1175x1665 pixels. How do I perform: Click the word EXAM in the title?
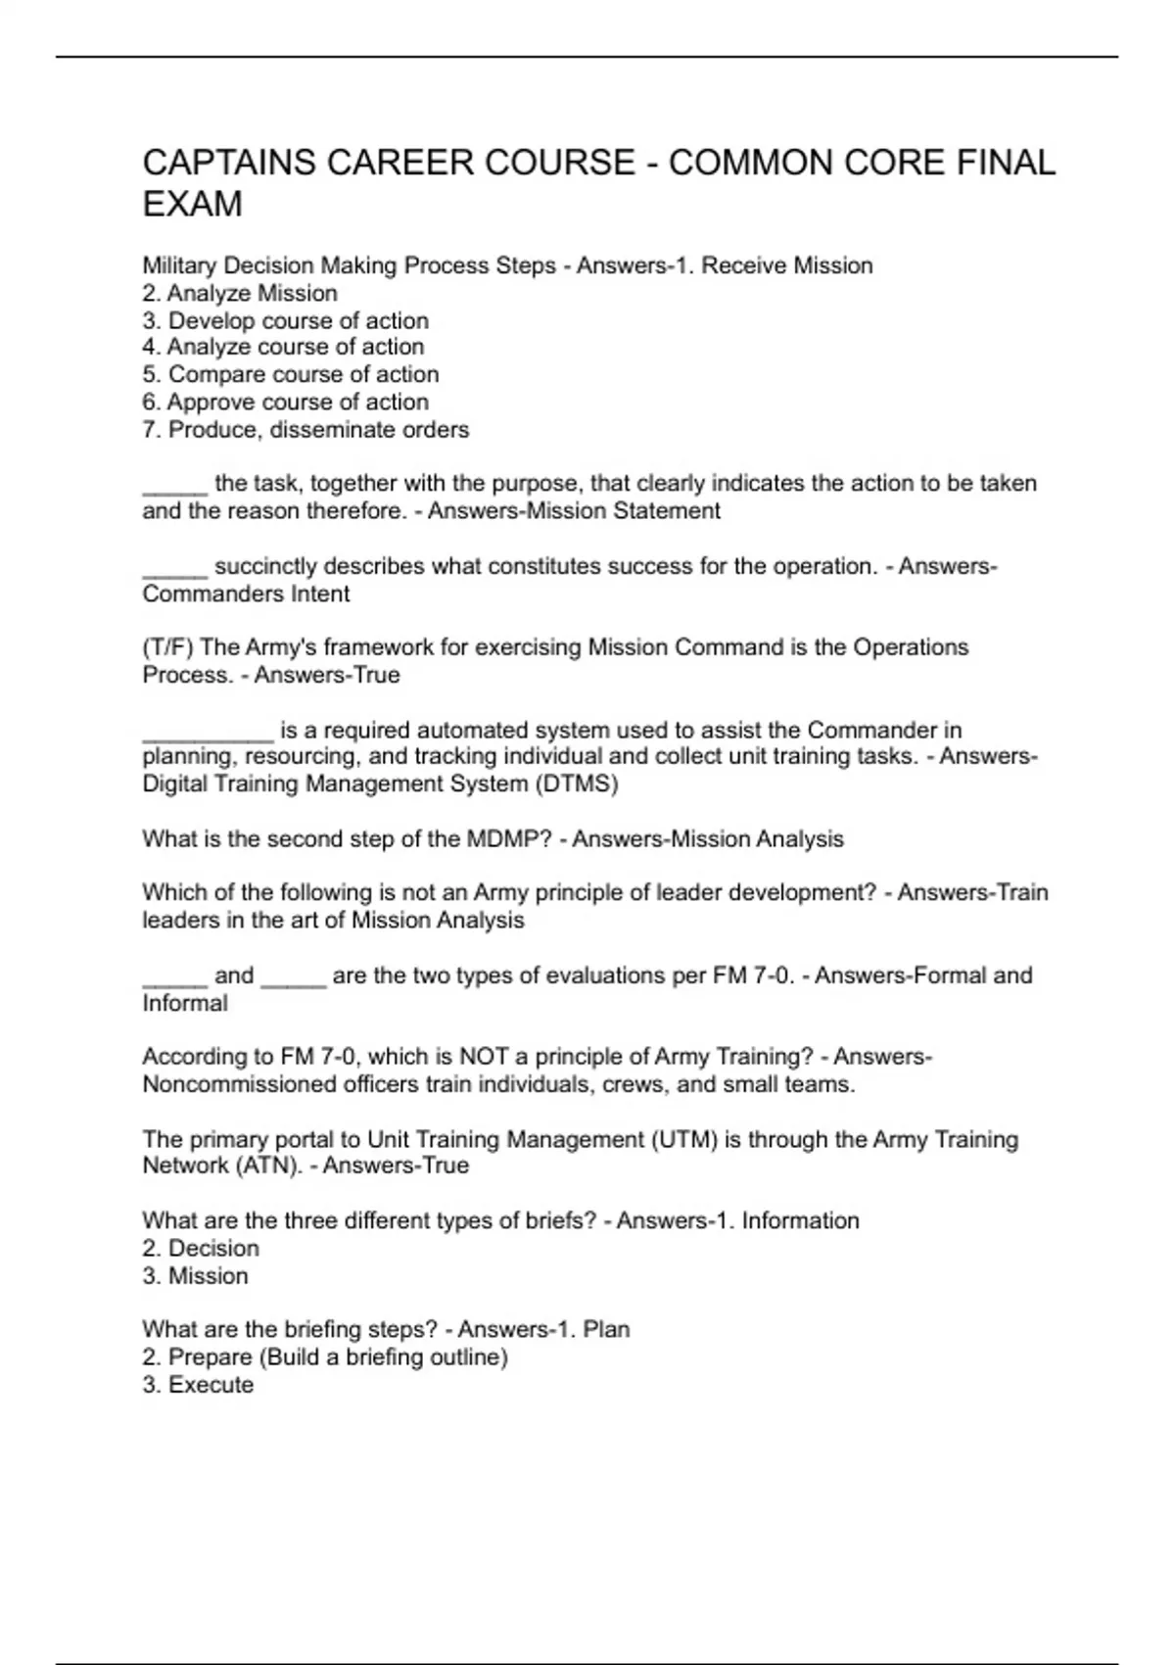(192, 205)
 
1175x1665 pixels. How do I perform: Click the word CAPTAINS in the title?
(228, 163)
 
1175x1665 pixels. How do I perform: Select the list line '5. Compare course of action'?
(290, 374)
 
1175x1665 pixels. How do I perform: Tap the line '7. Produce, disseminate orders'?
(305, 429)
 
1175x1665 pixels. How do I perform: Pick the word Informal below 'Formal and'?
(184, 1003)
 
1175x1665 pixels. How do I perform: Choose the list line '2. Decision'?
(201, 1248)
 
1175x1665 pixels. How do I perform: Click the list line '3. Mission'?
(195, 1275)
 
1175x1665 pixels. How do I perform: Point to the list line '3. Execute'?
(198, 1384)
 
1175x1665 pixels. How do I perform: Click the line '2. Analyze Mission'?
(240, 293)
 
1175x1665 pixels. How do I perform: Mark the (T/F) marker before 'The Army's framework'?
(167, 647)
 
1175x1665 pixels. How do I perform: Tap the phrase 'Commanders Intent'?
(246, 594)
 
